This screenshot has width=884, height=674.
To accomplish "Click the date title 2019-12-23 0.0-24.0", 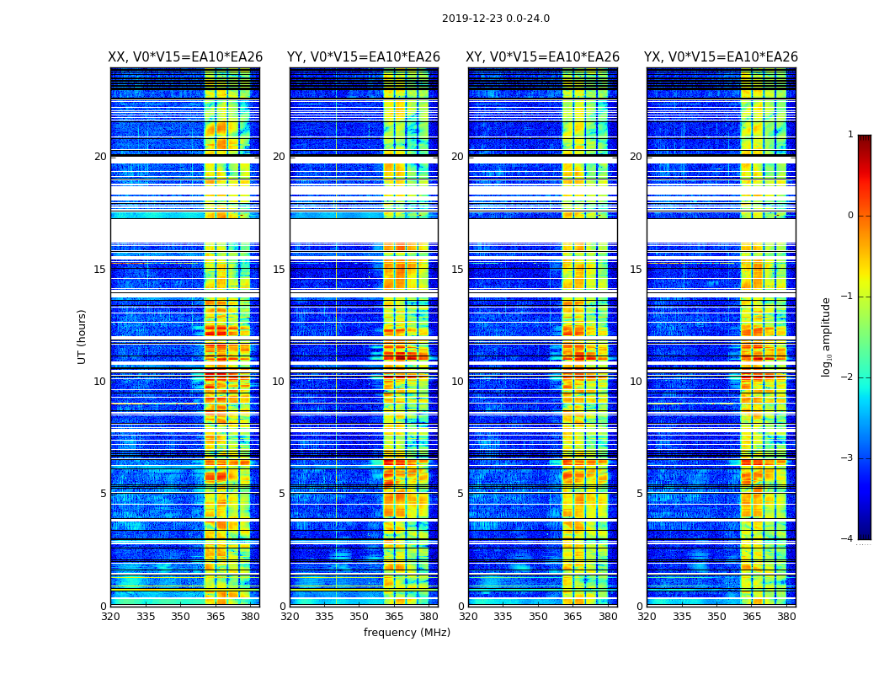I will point(495,19).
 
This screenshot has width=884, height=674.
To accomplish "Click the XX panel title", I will point(185,57).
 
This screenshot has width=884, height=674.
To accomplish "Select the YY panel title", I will point(364,57).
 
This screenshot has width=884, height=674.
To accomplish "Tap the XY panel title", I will point(543,57).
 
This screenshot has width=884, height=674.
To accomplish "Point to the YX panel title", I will point(722,57).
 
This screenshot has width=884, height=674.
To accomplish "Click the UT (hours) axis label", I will point(83,336).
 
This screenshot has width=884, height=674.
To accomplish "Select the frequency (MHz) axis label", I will point(407,633).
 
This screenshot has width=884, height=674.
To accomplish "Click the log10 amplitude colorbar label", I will point(827,336).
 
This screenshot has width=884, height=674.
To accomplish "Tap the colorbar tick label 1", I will point(849,135).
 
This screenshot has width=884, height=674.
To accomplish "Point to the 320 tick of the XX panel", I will point(110,616).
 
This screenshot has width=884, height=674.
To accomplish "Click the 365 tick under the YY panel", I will point(394,616).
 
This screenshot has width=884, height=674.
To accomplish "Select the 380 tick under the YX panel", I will point(786,616).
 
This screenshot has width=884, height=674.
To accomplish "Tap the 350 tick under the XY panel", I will point(538,616).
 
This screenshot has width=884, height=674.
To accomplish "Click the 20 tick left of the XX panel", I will point(100,157).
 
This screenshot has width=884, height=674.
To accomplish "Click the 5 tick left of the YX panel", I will point(639,494).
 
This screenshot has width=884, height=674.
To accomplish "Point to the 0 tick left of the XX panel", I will point(104,607).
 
